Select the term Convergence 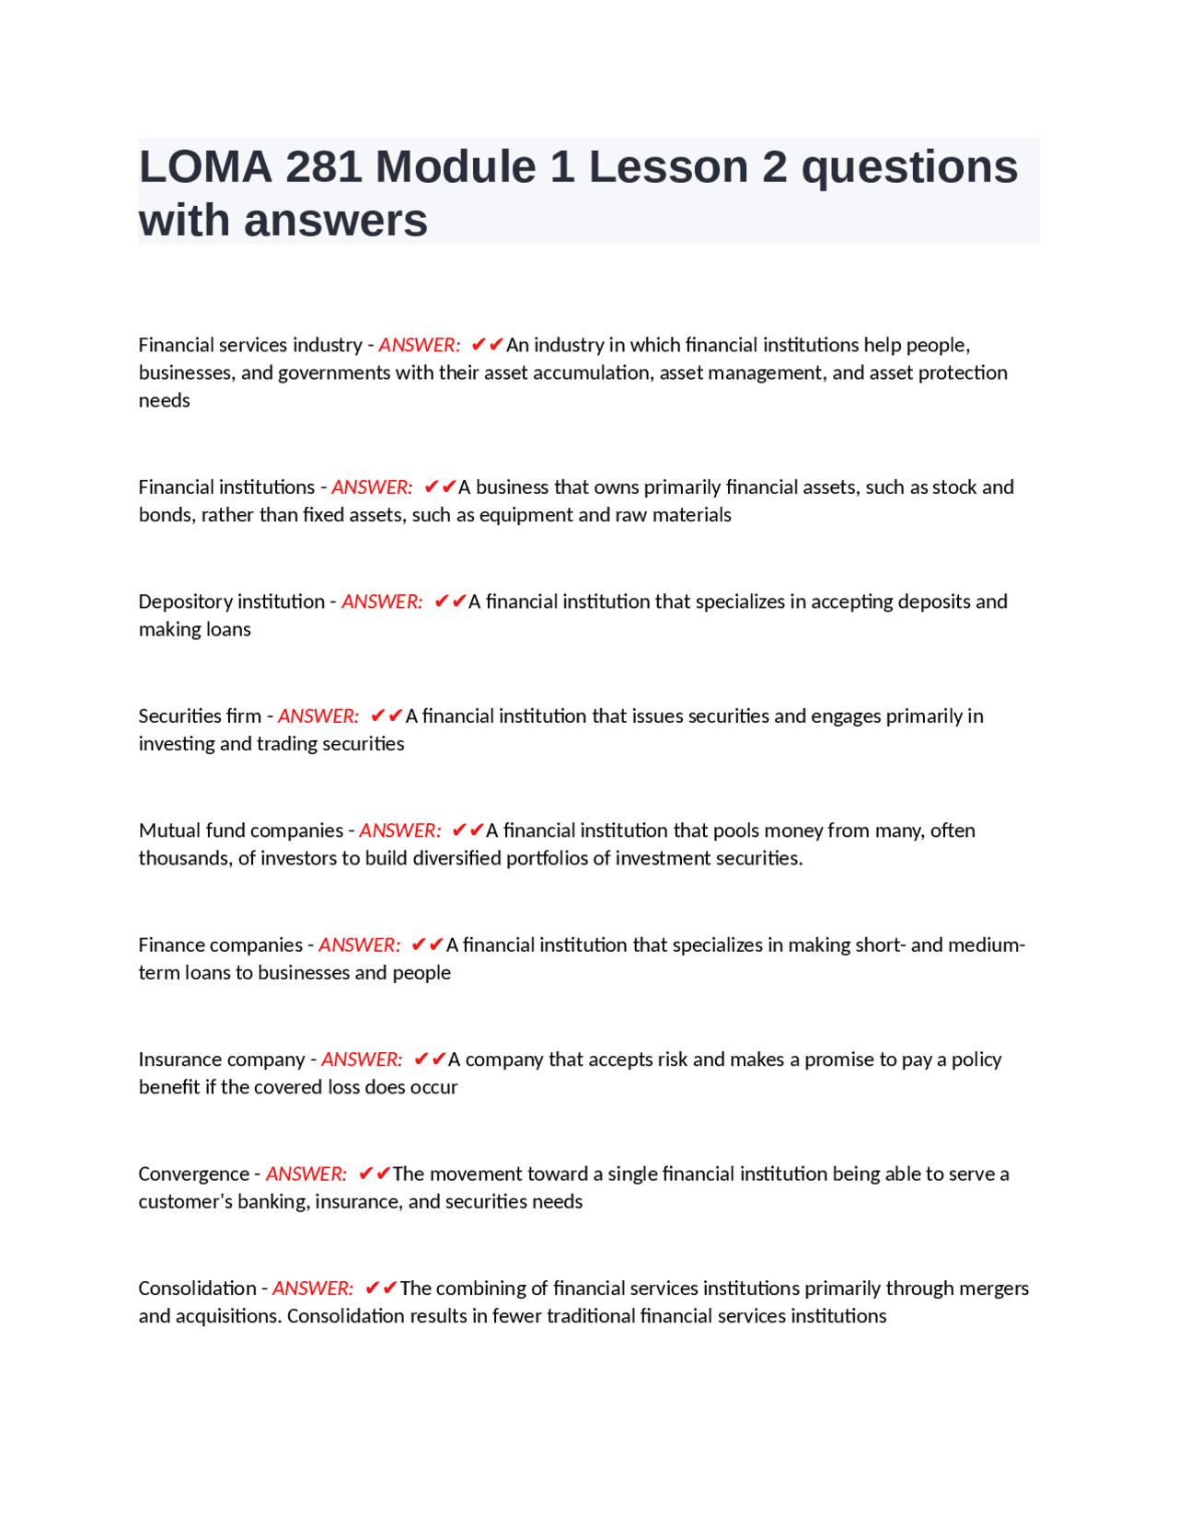coord(193,1174)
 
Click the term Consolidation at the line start coord(197,1288)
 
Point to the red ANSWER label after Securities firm coord(318,716)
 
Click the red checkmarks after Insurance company coord(430,1059)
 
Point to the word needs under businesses coord(164,400)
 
